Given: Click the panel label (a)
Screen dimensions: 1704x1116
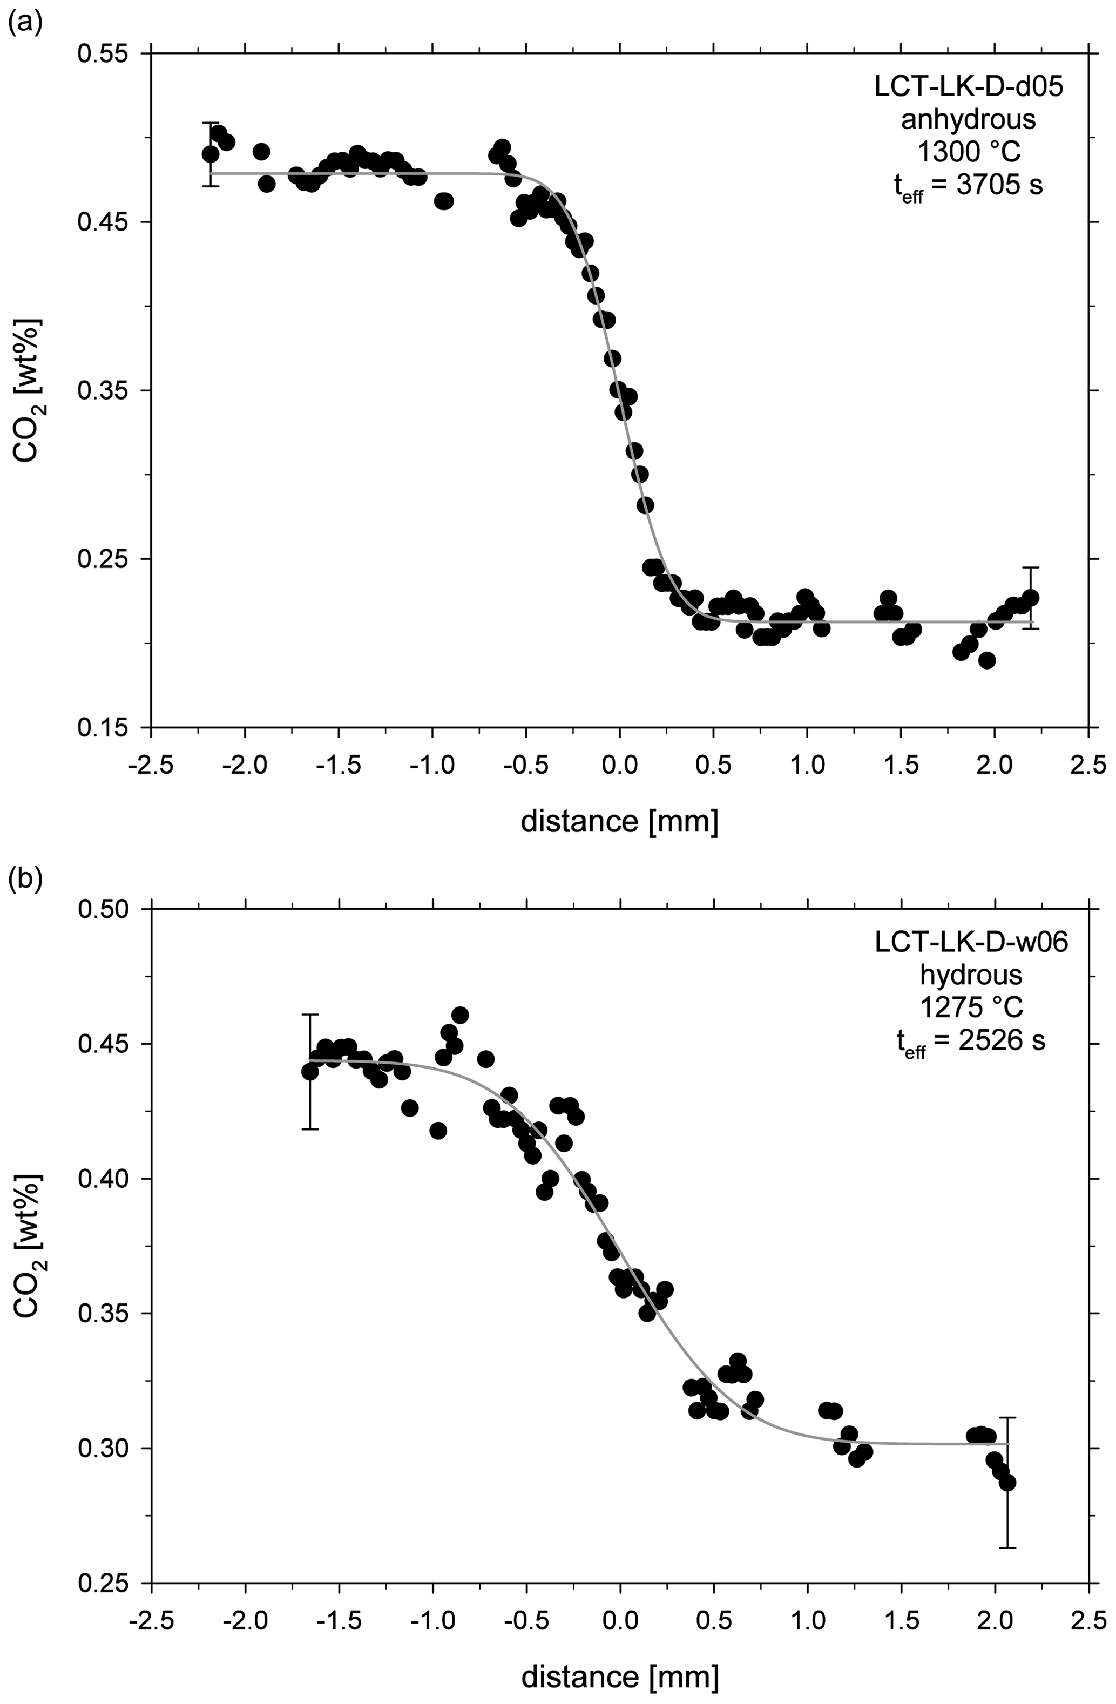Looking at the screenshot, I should (25, 24).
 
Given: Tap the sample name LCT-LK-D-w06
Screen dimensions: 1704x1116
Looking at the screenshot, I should (971, 942).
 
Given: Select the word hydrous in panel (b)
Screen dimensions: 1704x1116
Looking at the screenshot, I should (971, 975).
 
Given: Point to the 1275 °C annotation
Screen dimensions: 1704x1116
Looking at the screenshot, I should (971, 1008).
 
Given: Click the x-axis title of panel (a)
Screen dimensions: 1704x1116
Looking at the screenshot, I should (619, 822).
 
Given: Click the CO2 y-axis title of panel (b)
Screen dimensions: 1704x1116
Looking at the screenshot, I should (29, 1246).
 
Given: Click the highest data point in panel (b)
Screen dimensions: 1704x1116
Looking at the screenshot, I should (461, 1015).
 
